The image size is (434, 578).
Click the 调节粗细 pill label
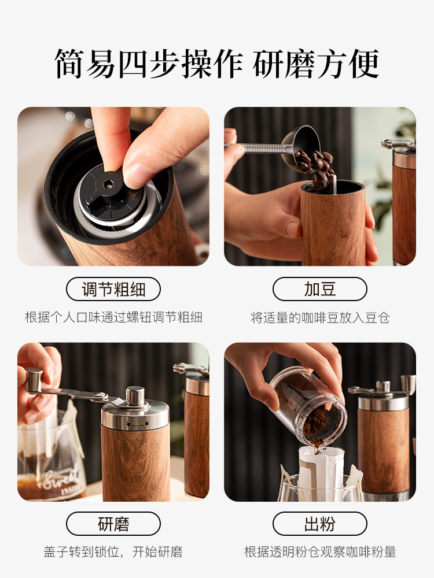coord(113,289)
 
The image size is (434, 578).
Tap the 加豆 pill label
coord(320,289)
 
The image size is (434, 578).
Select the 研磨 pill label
coord(113,524)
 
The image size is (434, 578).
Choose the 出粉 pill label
coord(320,524)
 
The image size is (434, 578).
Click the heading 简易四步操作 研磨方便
coord(217,64)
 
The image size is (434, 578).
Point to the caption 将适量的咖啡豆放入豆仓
coord(320,317)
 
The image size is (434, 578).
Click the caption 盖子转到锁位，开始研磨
coord(113,552)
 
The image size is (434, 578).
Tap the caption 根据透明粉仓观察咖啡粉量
coord(320,552)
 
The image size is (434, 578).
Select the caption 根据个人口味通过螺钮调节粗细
coord(113,317)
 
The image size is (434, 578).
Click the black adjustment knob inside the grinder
coord(110,192)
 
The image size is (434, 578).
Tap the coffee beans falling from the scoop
coord(317,168)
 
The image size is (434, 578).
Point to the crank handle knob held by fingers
coord(34,380)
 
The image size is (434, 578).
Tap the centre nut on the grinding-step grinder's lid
coord(135,397)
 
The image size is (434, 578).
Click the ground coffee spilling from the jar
coord(315,428)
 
